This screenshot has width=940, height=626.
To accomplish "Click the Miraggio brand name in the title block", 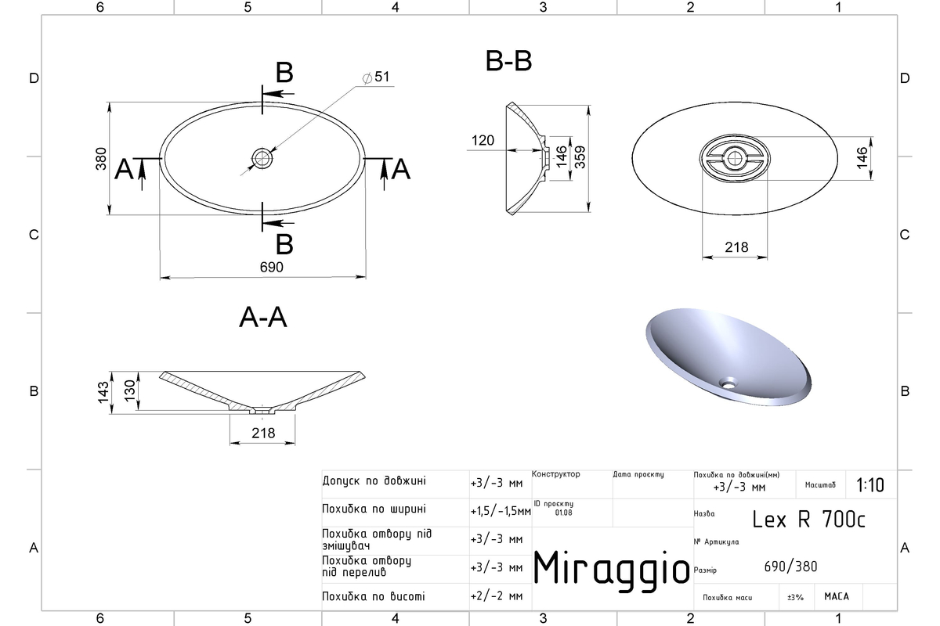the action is [x=612, y=570].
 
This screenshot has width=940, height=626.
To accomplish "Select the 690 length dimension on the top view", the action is [x=272, y=267].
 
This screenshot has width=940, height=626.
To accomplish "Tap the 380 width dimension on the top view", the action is [x=101, y=159].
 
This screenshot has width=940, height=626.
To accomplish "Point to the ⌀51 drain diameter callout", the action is [x=376, y=77].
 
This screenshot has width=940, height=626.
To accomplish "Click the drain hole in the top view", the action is [x=262, y=159].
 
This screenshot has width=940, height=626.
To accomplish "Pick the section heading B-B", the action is [x=508, y=61].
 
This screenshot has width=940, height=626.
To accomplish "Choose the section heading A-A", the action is [x=263, y=318].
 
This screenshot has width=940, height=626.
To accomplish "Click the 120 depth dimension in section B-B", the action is [x=483, y=141].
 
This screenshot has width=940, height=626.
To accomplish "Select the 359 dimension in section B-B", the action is [x=580, y=157].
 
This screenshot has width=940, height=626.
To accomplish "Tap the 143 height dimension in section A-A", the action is [x=103, y=393].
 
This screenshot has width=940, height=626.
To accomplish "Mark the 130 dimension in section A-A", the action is [x=130, y=390].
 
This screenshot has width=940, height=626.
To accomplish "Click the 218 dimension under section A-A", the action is [x=263, y=434].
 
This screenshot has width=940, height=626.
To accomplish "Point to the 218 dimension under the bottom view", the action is [x=736, y=247].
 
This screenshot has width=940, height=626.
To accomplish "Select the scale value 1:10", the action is [x=870, y=485].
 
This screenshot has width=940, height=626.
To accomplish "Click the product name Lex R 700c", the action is [x=808, y=520].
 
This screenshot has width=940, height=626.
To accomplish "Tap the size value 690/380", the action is [x=790, y=567].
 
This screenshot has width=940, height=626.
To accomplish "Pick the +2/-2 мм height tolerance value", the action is [x=497, y=596].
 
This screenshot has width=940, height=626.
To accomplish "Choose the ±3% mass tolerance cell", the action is [x=795, y=598].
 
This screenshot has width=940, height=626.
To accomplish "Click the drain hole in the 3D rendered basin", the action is [x=728, y=383].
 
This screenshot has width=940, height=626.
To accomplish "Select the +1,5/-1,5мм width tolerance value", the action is [x=501, y=512].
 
